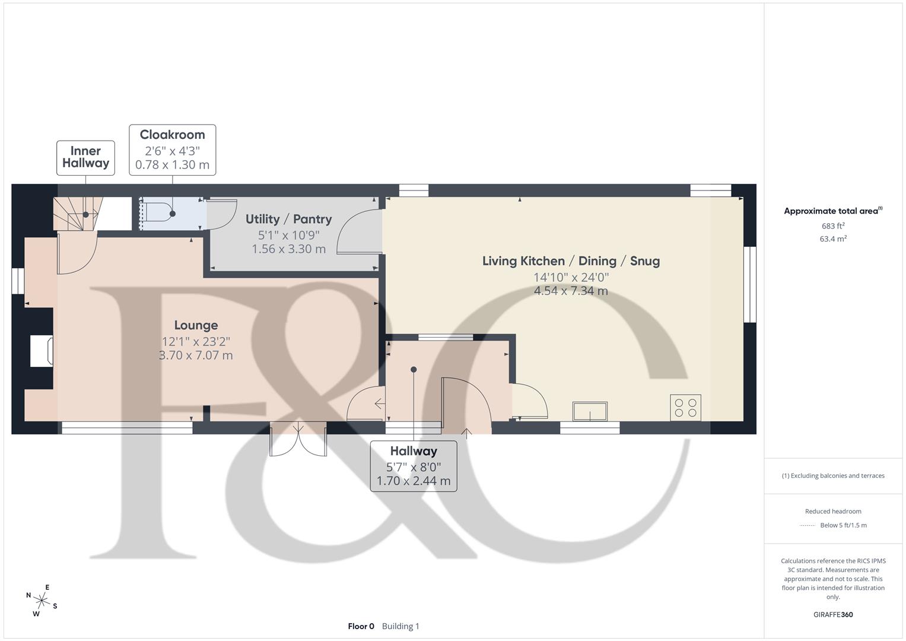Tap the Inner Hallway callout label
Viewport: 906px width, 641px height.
click(85, 157)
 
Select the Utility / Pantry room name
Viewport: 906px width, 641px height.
click(288, 219)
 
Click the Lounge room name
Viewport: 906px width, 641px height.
click(196, 325)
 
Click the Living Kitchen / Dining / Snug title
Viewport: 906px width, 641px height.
click(571, 261)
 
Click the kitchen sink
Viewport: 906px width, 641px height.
click(590, 411)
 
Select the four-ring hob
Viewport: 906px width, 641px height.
click(685, 408)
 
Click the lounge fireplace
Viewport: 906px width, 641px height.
click(42, 350)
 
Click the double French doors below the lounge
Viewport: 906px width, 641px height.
click(298, 440)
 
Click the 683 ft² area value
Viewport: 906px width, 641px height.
click(833, 226)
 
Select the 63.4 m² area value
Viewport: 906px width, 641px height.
click(833, 239)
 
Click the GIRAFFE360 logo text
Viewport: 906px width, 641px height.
click(833, 615)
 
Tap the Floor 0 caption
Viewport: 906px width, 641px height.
click(361, 626)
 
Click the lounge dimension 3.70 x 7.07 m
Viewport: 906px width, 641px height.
click(196, 356)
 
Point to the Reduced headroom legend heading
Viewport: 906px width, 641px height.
click(833, 512)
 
